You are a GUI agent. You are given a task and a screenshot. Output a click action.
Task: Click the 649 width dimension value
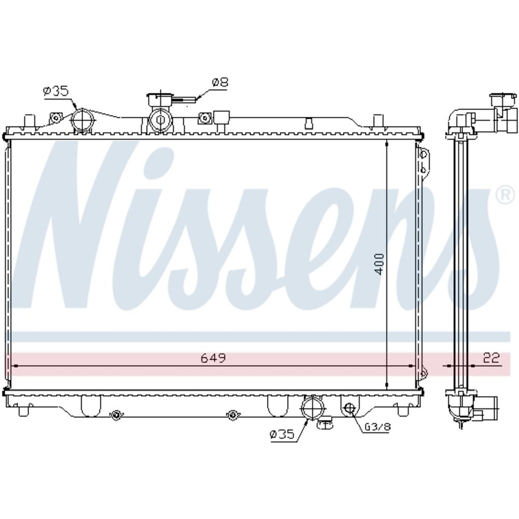click(x=213, y=358)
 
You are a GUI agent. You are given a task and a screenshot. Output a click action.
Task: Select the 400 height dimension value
click(x=379, y=264)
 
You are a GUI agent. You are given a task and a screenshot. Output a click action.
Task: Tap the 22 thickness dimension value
click(x=491, y=358)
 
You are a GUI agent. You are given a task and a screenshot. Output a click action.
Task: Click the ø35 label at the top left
click(x=56, y=91)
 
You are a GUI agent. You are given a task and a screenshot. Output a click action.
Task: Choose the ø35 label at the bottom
click(x=282, y=434)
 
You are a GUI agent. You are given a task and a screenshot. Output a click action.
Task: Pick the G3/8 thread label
click(x=377, y=427)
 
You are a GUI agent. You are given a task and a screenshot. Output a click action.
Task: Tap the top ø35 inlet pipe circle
click(x=81, y=120)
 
